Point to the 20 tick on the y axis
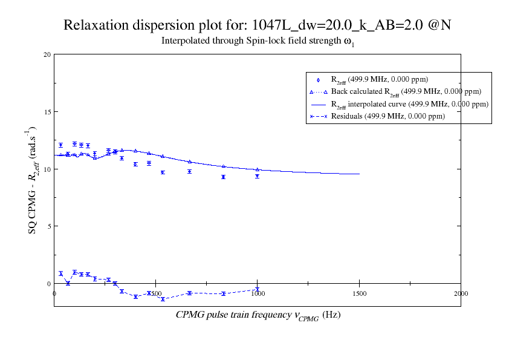pyautogui.click(x=47, y=55)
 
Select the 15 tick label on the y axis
pyautogui.click(x=47, y=112)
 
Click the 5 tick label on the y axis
pyautogui.click(x=48, y=226)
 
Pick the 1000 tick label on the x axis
pyautogui.click(x=258, y=294)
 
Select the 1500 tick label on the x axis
pyautogui.click(x=359, y=294)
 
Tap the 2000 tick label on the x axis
pyautogui.click(x=461, y=294)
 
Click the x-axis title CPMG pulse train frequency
pyautogui.click(x=258, y=315)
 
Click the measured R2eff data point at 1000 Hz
pyautogui.click(x=258, y=176)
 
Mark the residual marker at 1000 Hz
pyautogui.click(x=258, y=289)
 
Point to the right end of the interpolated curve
pyautogui.click(x=359, y=174)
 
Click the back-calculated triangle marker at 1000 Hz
pyautogui.click(x=258, y=169)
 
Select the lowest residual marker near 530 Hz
pyautogui.click(x=163, y=299)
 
